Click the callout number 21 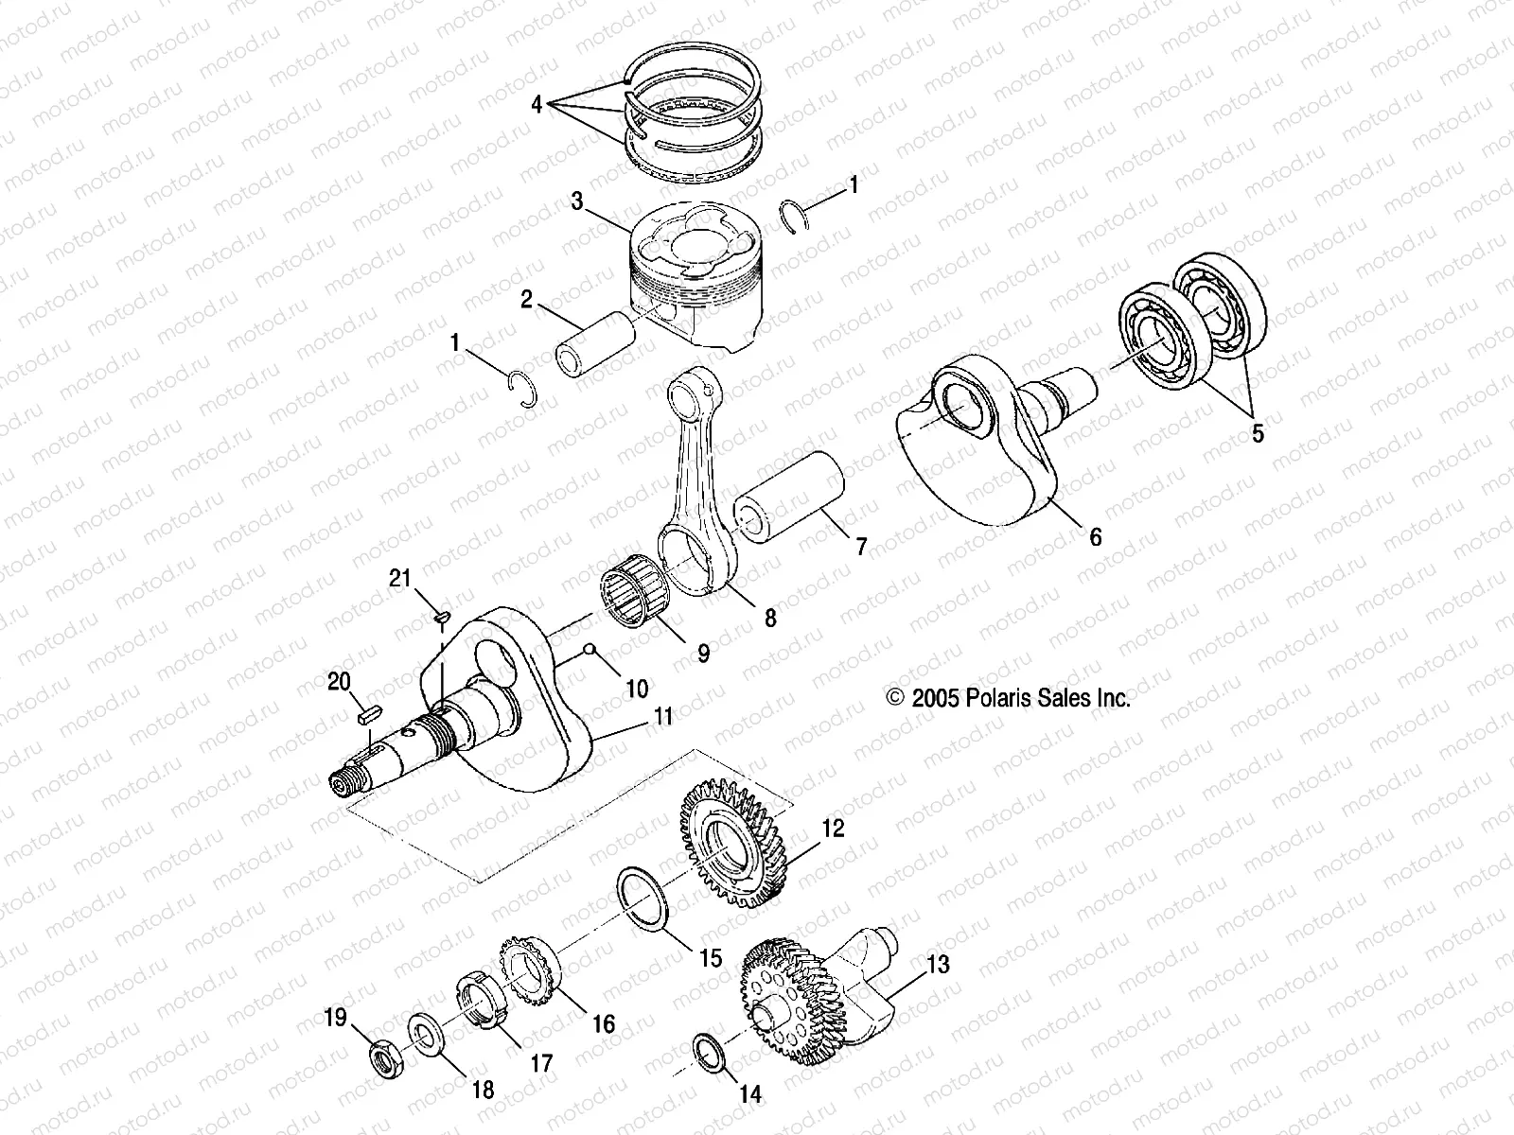coord(400,577)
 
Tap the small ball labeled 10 coord(589,649)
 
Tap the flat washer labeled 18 coord(424,1032)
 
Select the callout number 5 coord(1257,433)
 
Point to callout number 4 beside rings coord(537,104)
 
